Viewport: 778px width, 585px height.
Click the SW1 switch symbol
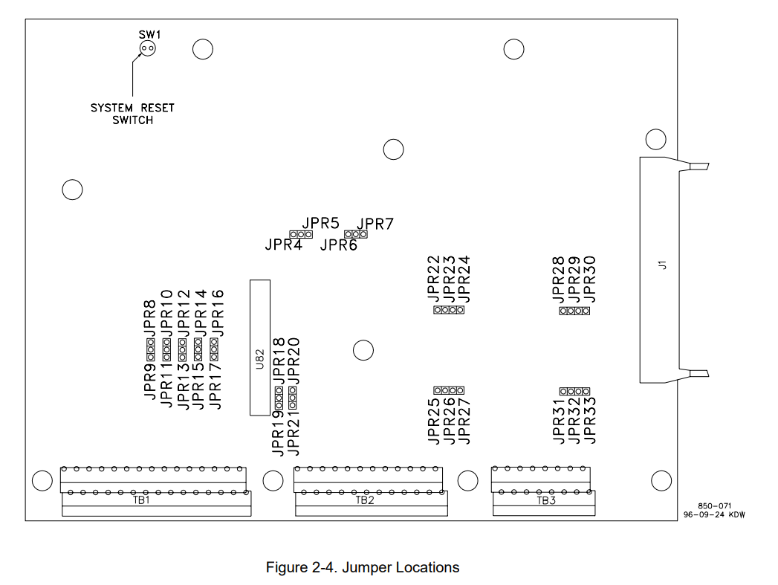pyautogui.click(x=146, y=49)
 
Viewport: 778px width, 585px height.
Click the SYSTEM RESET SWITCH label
pyautogui.click(x=133, y=114)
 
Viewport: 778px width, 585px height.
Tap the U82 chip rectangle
pyautogui.click(x=260, y=347)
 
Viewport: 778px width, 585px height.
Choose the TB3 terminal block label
pyautogui.click(x=546, y=500)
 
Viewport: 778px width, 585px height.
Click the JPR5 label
pyautogui.click(x=321, y=222)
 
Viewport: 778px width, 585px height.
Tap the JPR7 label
pyautogui.click(x=375, y=224)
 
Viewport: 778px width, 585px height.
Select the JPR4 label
pyautogui.click(x=283, y=245)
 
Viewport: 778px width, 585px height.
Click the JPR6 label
pyautogui.click(x=339, y=245)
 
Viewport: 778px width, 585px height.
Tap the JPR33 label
pyautogui.click(x=590, y=421)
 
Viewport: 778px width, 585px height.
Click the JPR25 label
pyautogui.click(x=435, y=421)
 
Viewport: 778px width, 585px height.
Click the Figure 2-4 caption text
pyautogui.click(x=363, y=568)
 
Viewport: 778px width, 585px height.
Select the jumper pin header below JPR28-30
pyautogui.click(x=574, y=311)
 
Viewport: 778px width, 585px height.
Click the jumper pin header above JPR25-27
pyautogui.click(x=449, y=390)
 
